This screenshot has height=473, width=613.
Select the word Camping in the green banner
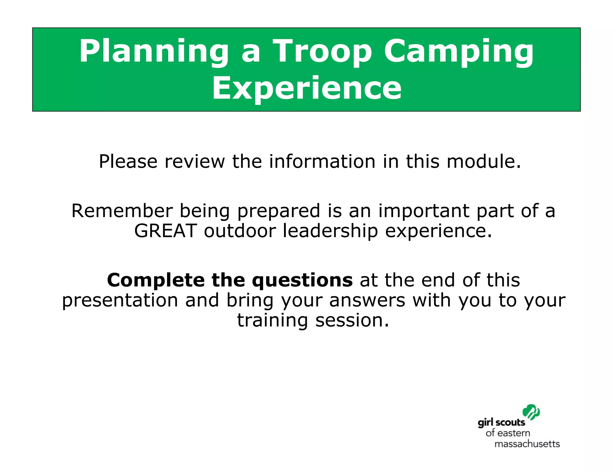[x=459, y=51]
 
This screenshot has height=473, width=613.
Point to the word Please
[x=128, y=161]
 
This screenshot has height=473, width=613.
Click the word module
[x=483, y=161]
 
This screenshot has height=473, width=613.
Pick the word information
[x=322, y=161]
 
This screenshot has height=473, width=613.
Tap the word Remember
[x=122, y=211]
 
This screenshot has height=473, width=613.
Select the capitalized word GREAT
[x=165, y=231]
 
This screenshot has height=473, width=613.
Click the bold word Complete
[x=156, y=280]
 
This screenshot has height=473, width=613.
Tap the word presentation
[x=120, y=300]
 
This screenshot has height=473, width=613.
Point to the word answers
[x=367, y=300]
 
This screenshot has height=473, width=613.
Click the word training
[x=272, y=321]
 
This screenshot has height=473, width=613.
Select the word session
[x=352, y=321]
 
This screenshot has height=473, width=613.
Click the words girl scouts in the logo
[x=501, y=423]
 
